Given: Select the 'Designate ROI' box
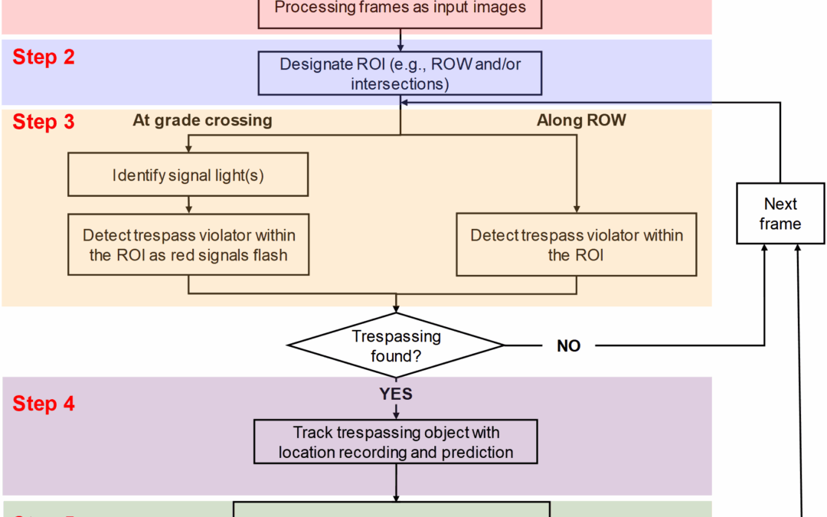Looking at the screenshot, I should click(x=400, y=74).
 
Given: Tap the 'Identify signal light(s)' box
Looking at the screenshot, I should click(x=188, y=175).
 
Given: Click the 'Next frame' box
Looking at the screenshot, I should click(x=780, y=214).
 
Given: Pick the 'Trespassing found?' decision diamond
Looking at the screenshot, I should click(x=395, y=345).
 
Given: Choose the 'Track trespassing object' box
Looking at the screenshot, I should click(x=396, y=443).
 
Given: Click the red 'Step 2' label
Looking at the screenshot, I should click(x=44, y=57).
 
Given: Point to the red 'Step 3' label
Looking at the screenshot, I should click(x=44, y=122).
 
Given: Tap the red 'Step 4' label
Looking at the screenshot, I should click(x=44, y=404).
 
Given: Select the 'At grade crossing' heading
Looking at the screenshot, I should click(x=202, y=120).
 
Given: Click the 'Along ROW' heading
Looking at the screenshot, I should click(x=581, y=120).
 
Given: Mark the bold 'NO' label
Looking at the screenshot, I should click(x=568, y=346).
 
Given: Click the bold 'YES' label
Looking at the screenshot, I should click(x=396, y=394).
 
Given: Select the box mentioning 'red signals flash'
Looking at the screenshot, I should click(x=188, y=245).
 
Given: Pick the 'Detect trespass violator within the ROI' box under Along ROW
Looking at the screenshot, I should click(x=576, y=245).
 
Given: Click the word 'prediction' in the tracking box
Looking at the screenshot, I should click(x=477, y=453).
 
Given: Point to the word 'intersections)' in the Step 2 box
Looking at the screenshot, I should click(x=400, y=83).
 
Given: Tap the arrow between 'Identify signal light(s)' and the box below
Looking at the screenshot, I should click(x=188, y=205).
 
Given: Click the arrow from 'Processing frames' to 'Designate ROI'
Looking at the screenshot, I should click(x=400, y=41).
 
